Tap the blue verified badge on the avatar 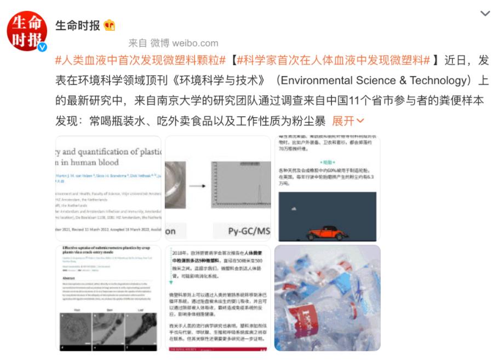point(42,48)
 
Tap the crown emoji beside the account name point(110,25)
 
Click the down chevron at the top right point(485,14)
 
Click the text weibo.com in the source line point(195,43)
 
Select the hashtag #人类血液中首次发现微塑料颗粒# point(140,61)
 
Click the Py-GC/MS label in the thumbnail point(249,231)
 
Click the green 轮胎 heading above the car point(327,163)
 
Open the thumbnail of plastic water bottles point(327,298)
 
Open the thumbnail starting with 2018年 point(217,298)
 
